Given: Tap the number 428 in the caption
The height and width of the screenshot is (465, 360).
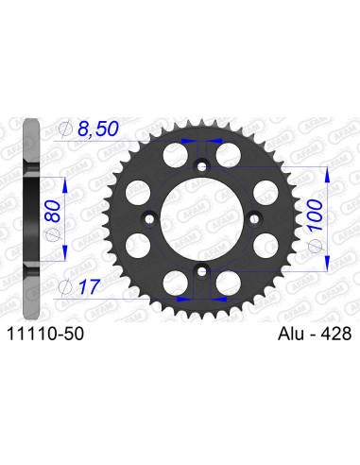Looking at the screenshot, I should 327,333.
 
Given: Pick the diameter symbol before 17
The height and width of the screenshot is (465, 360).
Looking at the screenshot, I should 63,284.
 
